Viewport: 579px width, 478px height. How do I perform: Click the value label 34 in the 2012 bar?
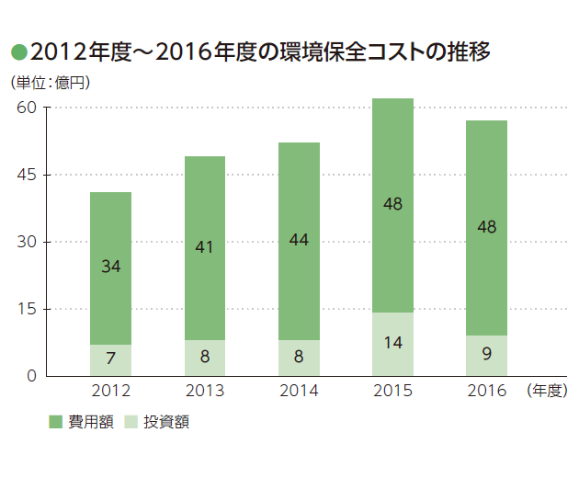(110, 267)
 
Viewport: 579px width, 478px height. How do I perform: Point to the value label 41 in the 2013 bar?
(205, 246)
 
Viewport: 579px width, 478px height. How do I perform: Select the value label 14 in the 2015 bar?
(393, 344)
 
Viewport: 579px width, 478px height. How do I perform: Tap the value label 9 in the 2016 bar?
(487, 354)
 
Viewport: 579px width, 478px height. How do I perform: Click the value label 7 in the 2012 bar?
(110, 358)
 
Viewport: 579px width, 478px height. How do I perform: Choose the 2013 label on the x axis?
(205, 391)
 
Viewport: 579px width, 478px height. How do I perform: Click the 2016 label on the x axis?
(487, 391)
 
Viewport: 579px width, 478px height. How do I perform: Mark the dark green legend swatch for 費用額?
(55, 422)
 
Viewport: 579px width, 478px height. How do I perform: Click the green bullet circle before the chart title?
(17, 52)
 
